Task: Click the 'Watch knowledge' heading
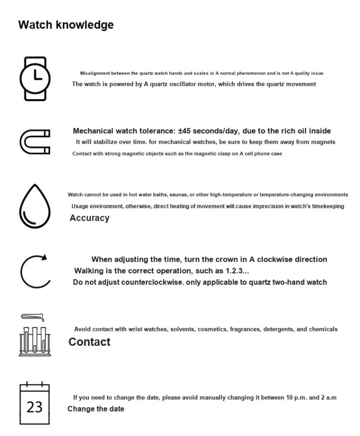66,25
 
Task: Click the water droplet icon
35,206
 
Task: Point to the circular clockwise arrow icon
35,271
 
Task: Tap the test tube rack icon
35,341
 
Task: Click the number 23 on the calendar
35,407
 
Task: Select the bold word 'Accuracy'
89,218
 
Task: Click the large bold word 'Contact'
89,342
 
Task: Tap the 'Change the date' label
96,409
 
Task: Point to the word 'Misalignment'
95,73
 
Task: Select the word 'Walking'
87,271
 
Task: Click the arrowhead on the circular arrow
44,258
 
